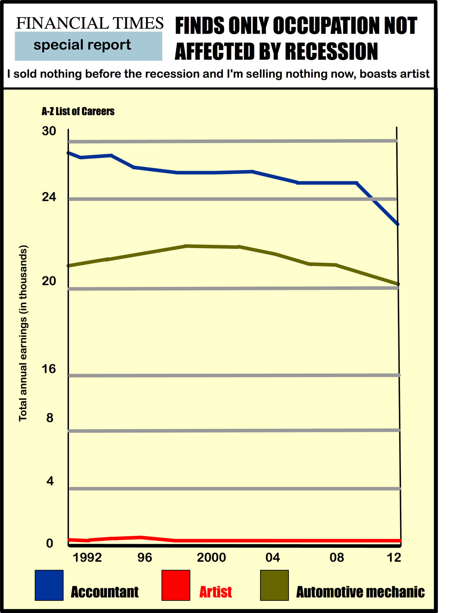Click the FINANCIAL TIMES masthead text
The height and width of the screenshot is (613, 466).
click(x=90, y=23)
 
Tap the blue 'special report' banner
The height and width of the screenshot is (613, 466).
click(x=89, y=46)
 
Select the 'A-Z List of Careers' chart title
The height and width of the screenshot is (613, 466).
click(x=78, y=111)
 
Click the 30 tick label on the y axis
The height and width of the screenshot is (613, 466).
click(x=49, y=131)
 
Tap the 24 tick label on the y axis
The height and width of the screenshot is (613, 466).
click(x=49, y=197)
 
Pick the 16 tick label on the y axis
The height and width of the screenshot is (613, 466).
click(x=49, y=369)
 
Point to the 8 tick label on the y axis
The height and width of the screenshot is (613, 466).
click(x=50, y=418)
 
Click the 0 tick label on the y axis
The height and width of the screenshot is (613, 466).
click(x=49, y=543)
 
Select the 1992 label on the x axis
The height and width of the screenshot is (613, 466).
click(x=87, y=558)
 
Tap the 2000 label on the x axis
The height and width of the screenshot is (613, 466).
click(x=211, y=558)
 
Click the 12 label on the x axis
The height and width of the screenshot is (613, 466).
click(x=394, y=558)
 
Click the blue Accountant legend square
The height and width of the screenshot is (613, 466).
click(x=49, y=585)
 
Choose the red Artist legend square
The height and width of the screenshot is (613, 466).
click(x=176, y=585)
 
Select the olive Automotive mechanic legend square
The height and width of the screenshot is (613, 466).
click(x=274, y=585)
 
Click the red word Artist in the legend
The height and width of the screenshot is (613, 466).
click(x=215, y=592)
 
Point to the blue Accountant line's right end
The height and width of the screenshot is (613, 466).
click(x=398, y=224)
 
